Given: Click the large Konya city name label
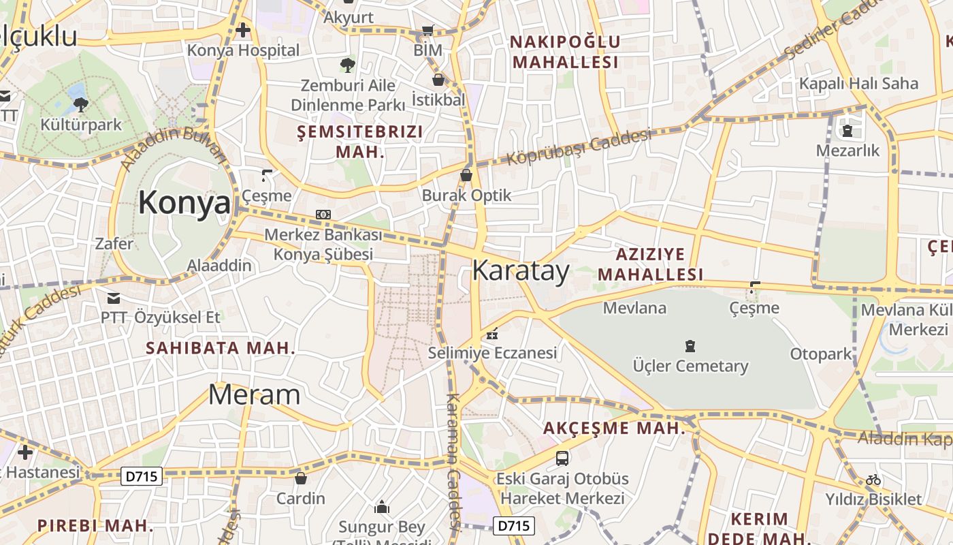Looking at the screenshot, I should tap(184, 203).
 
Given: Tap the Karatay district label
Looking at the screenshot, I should tap(521, 271).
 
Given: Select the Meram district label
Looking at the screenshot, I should tap(254, 395).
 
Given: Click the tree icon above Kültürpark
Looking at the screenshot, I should tap(80, 104).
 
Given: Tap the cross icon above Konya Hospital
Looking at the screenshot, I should tap(243, 30).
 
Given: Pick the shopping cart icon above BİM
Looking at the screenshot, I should tap(427, 30).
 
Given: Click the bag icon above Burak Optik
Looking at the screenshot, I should tap(466, 175).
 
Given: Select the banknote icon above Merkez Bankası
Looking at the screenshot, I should tap(323, 215).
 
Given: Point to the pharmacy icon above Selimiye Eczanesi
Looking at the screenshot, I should tap(492, 334).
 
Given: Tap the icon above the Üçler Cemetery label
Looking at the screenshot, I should tap(690, 346).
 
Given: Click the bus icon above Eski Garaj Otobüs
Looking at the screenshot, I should tap(562, 458).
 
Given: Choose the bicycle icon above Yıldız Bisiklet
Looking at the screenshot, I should tap(873, 480).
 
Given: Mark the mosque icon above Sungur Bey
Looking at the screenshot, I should tap(382, 508).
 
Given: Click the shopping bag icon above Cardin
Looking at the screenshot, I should tap(300, 479).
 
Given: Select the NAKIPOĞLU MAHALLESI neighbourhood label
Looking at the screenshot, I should tap(565, 52).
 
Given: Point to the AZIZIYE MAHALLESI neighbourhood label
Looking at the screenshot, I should tap(659, 264).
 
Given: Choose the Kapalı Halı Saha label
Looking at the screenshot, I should tap(858, 84).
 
